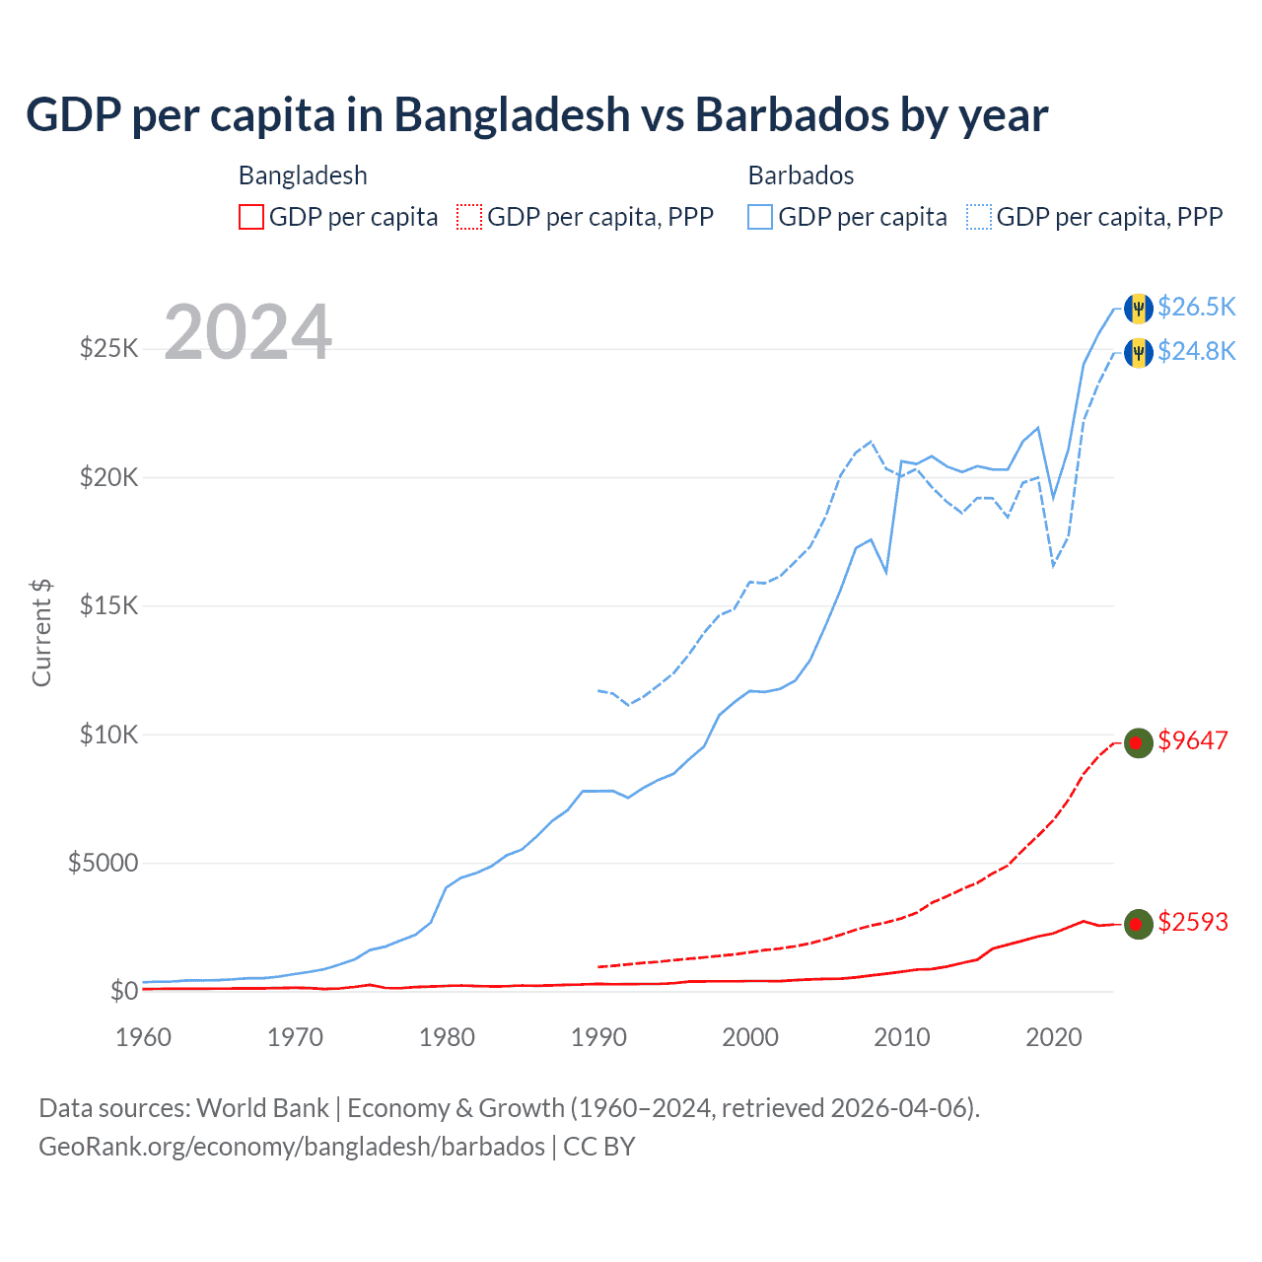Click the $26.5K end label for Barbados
(1196, 307)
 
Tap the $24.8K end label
(1196, 351)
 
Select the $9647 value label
(1193, 740)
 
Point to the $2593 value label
(1193, 922)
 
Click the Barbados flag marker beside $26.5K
(1139, 308)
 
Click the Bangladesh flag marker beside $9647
(1139, 742)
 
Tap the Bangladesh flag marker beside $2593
(1139, 924)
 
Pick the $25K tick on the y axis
(108, 348)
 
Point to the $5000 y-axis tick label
(103, 864)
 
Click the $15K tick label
(108, 605)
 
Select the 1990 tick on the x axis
(598, 1037)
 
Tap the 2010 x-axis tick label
(902, 1037)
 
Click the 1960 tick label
(144, 1037)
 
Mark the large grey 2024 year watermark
(248, 332)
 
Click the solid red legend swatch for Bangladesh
(251, 217)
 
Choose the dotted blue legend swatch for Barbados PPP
(979, 217)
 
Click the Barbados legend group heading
(801, 175)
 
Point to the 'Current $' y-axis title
(41, 633)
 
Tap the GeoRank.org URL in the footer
(292, 1147)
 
